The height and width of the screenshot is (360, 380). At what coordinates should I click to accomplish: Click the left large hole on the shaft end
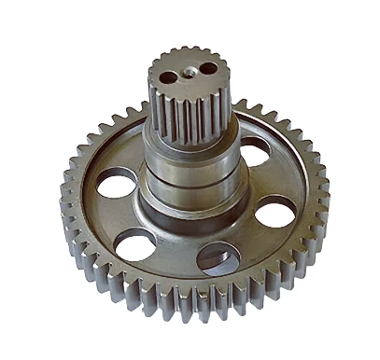[168, 77]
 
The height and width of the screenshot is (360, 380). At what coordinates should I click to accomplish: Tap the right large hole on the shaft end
[208, 68]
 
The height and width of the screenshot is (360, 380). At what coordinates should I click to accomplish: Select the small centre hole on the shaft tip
[189, 71]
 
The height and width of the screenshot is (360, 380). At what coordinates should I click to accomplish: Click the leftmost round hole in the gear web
[116, 181]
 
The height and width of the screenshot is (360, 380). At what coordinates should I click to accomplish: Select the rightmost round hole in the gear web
[274, 212]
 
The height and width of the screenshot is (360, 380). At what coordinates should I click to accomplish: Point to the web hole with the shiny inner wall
[219, 256]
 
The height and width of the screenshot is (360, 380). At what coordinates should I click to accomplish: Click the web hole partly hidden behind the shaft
[254, 149]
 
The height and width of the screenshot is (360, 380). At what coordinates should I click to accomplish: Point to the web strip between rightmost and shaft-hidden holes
[271, 177]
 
